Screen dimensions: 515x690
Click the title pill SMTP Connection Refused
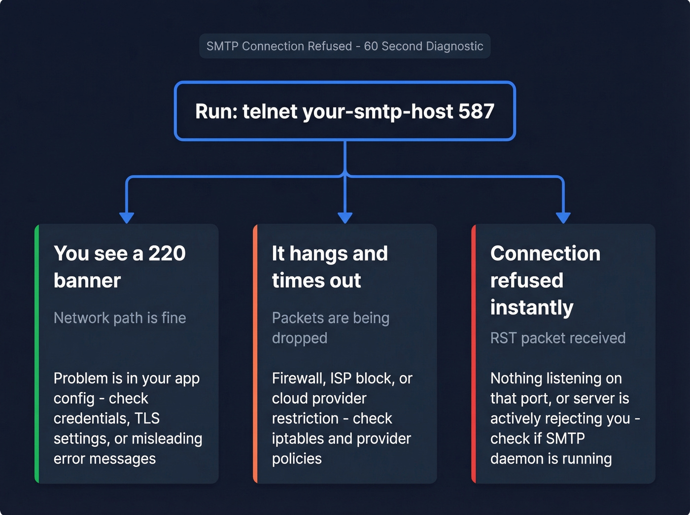pyautogui.click(x=345, y=46)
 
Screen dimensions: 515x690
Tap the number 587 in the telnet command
pyautogui.click(x=476, y=111)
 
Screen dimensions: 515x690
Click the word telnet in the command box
pyautogui.click(x=270, y=111)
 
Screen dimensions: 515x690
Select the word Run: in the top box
pyautogui.click(x=216, y=111)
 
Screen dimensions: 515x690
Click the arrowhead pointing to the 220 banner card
pyautogui.click(x=127, y=217)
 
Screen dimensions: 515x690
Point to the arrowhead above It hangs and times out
pyautogui.click(x=345, y=217)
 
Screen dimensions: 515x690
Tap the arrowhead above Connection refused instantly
pyautogui.click(x=563, y=217)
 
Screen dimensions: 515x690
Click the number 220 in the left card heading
pyautogui.click(x=167, y=253)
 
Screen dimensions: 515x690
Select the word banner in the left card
pyautogui.click(x=87, y=280)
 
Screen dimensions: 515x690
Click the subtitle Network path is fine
pyautogui.click(x=120, y=318)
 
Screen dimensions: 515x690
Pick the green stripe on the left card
pyautogui.click(x=37, y=353)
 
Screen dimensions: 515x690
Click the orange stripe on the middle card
pyautogui.click(x=255, y=353)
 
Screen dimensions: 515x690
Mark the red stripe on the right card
pyautogui.click(x=474, y=353)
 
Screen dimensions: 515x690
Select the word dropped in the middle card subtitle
pyautogui.click(x=300, y=338)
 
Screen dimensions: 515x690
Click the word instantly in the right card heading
pyautogui.click(x=532, y=308)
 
